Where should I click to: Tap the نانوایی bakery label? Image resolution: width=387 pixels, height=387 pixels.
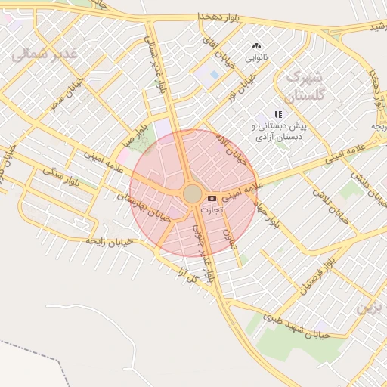(255, 57)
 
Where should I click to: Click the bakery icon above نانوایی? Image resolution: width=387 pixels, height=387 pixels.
(255, 46)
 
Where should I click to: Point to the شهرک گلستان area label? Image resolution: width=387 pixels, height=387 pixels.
(304, 86)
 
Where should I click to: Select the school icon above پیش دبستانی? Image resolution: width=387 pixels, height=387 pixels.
(278, 114)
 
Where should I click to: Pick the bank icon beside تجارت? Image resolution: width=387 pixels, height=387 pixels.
(211, 197)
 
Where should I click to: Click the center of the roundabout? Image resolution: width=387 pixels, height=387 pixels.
(193, 194)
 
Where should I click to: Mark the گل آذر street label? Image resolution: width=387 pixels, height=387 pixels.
(184, 274)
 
